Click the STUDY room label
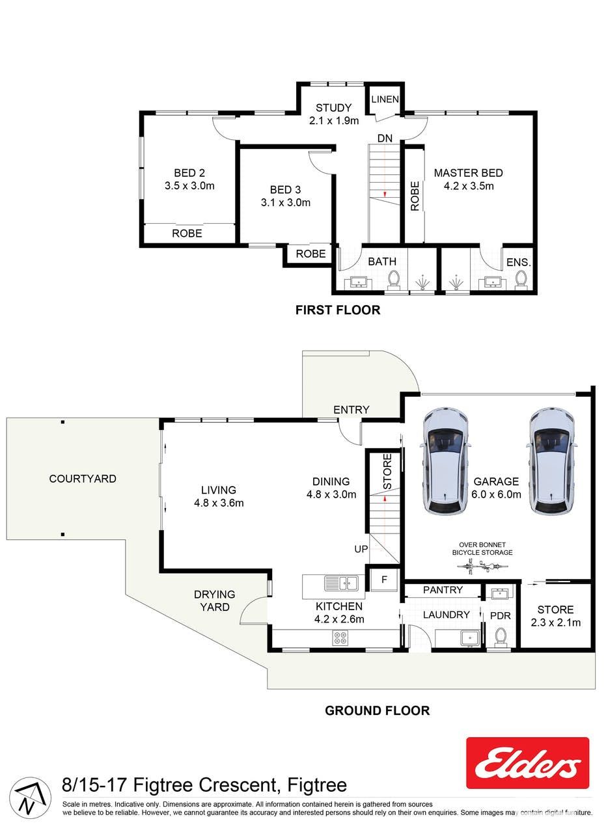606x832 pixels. [333, 108]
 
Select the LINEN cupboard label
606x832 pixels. [385, 99]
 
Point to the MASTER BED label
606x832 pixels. [468, 173]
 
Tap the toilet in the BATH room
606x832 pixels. [393, 280]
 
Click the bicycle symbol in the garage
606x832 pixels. [482, 568]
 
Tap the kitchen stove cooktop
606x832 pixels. [340, 638]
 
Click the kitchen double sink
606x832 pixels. [340, 583]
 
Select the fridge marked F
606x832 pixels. [384, 579]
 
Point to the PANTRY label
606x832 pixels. [443, 590]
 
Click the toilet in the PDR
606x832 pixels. [500, 637]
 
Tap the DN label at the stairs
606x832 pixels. [385, 139]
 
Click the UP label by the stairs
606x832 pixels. [361, 548]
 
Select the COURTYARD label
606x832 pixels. [83, 478]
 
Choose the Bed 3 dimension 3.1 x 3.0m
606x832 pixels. [285, 202]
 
